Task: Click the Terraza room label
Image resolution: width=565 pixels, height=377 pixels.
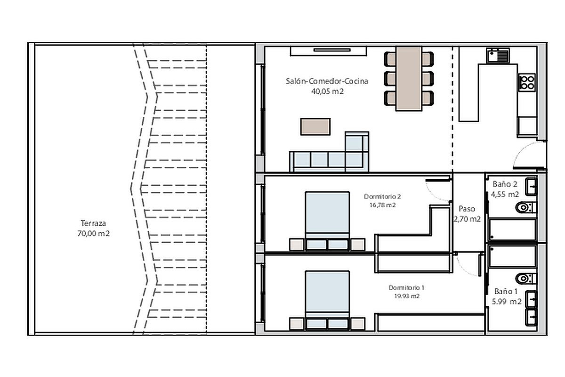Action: click(93, 223)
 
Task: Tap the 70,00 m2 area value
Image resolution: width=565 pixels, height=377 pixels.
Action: click(94, 234)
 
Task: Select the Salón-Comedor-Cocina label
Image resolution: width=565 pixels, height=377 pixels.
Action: click(327, 81)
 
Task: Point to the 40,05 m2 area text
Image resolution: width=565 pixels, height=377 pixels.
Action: click(327, 91)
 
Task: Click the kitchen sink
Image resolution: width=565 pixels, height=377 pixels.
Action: click(498, 56)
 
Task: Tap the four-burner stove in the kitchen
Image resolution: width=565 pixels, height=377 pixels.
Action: click(527, 82)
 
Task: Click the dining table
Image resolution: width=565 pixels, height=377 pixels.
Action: click(409, 79)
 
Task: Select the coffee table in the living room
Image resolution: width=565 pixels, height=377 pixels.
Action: click(315, 126)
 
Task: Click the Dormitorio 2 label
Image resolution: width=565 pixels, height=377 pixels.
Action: click(382, 197)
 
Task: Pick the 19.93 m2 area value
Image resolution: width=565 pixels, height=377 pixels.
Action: click(407, 296)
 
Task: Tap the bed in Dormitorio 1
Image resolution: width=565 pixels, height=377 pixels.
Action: click(327, 301)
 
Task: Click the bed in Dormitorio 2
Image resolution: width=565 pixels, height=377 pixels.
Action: click(327, 221)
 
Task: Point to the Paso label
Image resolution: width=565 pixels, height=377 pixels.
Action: click(467, 209)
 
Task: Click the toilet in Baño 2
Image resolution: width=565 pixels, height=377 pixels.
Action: click(526, 207)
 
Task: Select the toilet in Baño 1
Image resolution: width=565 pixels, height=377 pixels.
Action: click(526, 279)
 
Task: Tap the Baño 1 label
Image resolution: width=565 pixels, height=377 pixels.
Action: click(506, 291)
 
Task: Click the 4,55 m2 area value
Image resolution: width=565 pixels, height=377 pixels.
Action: click(505, 194)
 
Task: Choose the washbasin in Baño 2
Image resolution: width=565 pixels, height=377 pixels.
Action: click(531, 187)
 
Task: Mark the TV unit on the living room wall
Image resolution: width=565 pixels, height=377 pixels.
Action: click(329, 51)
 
